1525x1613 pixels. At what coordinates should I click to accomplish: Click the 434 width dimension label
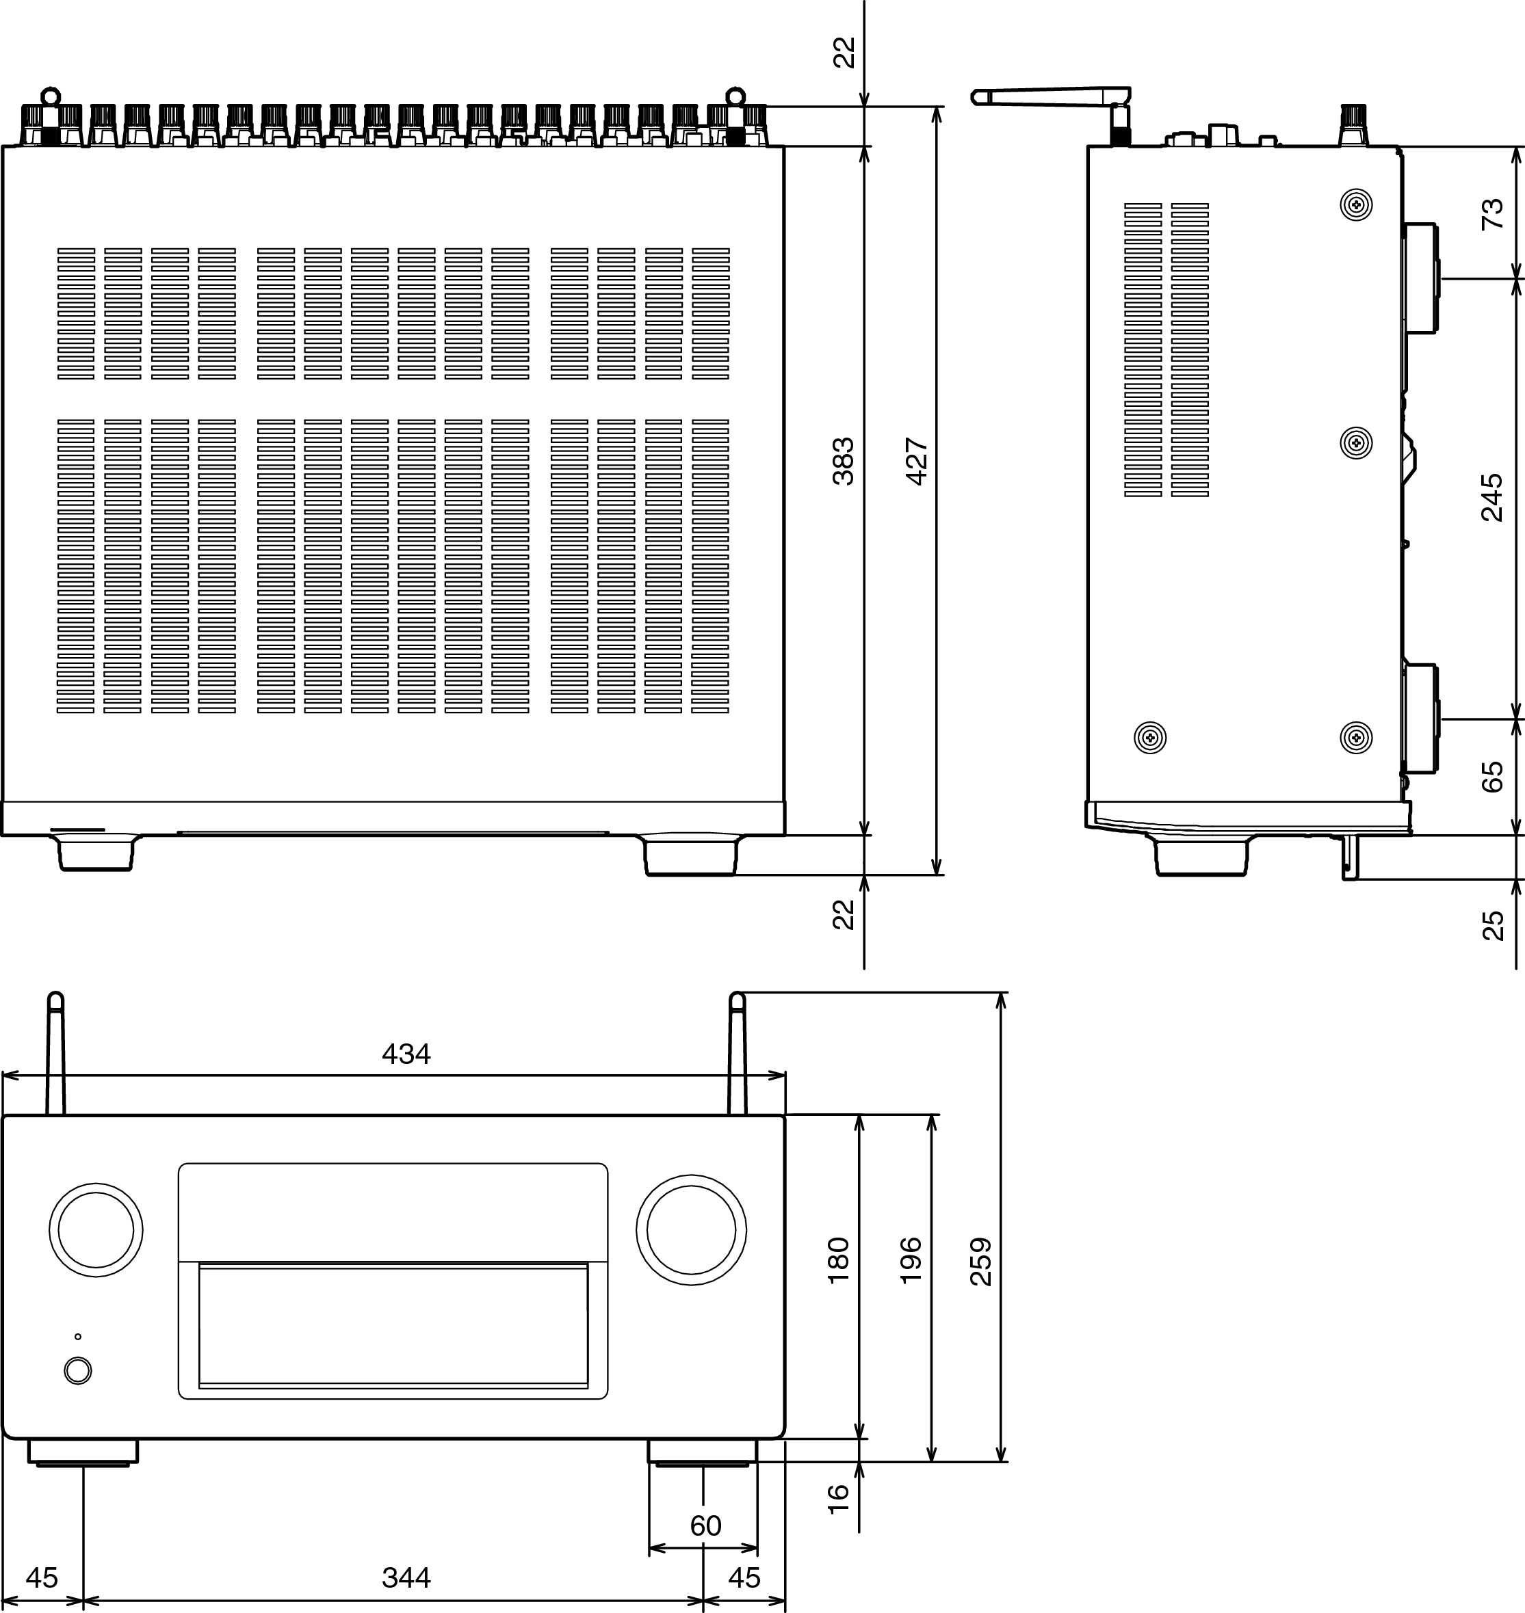[x=406, y=1054]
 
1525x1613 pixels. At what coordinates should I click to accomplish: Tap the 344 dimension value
[x=406, y=1578]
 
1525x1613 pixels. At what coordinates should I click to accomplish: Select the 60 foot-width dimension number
[x=705, y=1526]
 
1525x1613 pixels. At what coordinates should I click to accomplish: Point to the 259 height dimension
[x=981, y=1261]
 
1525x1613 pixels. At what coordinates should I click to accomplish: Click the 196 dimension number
[x=911, y=1260]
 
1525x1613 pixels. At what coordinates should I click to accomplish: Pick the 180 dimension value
[x=838, y=1260]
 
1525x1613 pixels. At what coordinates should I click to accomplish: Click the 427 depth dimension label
[x=916, y=462]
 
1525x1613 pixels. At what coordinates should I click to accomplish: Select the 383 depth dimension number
[x=844, y=462]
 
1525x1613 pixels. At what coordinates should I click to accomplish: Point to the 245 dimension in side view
[x=1492, y=497]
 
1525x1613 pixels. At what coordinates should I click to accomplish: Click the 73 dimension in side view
[x=1492, y=215]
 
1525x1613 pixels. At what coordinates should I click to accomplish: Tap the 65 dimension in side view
[x=1492, y=777]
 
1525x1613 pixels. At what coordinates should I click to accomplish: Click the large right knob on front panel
[x=691, y=1229]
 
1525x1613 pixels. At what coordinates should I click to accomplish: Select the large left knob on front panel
[x=96, y=1229]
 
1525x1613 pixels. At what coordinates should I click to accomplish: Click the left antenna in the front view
[x=55, y=1053]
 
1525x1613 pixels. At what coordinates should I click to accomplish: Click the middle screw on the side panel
[x=1356, y=443]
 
